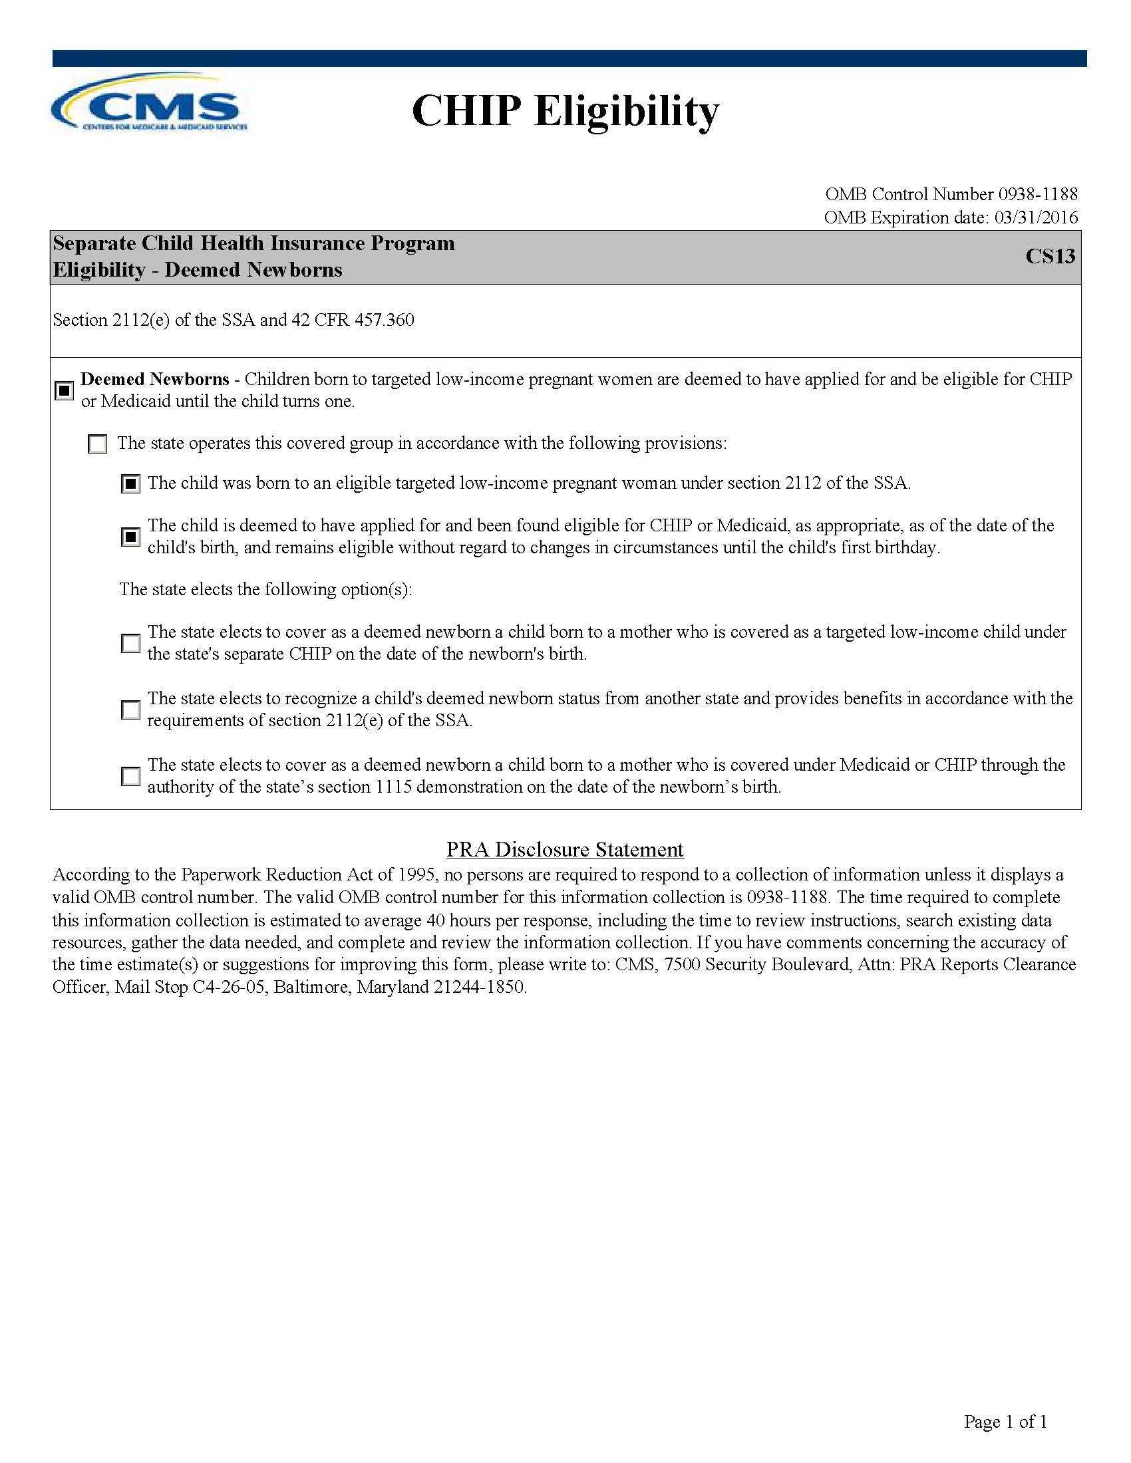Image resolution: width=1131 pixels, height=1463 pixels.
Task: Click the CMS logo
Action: (x=150, y=104)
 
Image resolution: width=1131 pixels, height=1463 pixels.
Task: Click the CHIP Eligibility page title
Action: (x=565, y=110)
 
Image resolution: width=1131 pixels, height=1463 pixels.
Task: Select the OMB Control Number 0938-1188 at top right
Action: (x=951, y=194)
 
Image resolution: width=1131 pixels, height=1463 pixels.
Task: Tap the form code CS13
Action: (x=1049, y=257)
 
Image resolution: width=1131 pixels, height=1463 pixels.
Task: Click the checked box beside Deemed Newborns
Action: (x=64, y=390)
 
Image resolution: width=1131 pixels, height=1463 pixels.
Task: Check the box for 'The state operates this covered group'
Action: (x=98, y=444)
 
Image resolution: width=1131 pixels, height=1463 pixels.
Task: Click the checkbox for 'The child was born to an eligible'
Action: (x=130, y=483)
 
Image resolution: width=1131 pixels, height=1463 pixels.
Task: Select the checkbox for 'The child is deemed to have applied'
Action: (x=130, y=537)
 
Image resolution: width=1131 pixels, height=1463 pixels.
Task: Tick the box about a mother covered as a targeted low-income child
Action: (x=130, y=643)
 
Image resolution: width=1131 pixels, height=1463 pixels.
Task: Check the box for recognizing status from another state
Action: (x=130, y=710)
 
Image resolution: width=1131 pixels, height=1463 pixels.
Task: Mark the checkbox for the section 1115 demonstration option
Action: (x=130, y=776)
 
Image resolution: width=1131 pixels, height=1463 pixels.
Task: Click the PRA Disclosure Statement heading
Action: (x=565, y=849)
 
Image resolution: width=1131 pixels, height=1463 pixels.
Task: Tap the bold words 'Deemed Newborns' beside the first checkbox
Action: (x=155, y=379)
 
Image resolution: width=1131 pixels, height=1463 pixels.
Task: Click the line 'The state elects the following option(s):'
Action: (x=265, y=589)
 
